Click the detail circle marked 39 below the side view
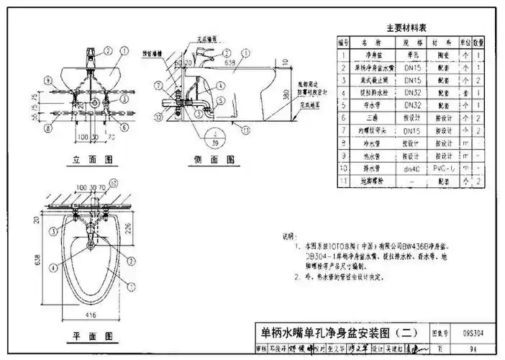point(215,137)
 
